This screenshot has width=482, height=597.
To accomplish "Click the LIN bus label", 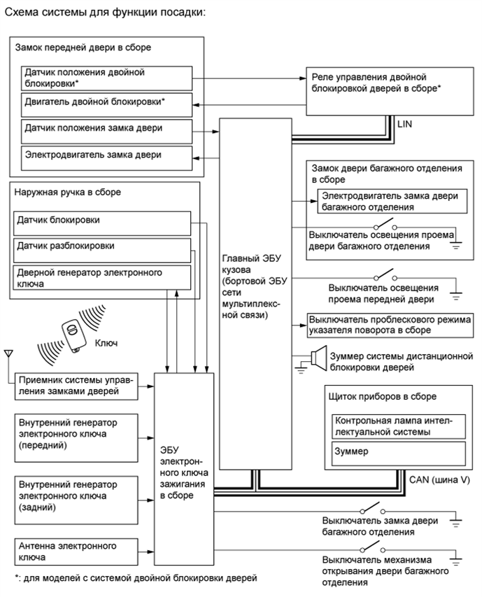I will (x=405, y=124).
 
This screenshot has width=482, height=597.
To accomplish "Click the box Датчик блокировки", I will (x=102, y=223).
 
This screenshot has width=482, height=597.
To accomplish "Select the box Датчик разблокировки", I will (x=102, y=249).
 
